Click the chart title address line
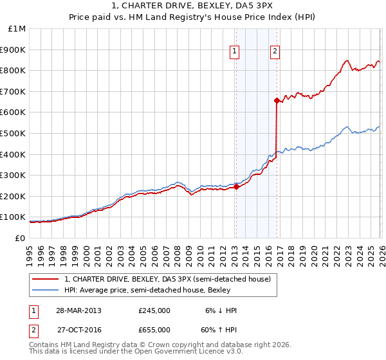[x=193, y=7]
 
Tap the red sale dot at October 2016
[x=277, y=100]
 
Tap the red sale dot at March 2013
[x=235, y=186]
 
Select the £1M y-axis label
[x=16, y=28]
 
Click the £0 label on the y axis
[x=20, y=238]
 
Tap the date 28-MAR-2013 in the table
[x=78, y=310]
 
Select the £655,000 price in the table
[x=154, y=329]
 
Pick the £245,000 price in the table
[x=154, y=310]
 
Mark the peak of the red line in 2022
[x=347, y=60]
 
